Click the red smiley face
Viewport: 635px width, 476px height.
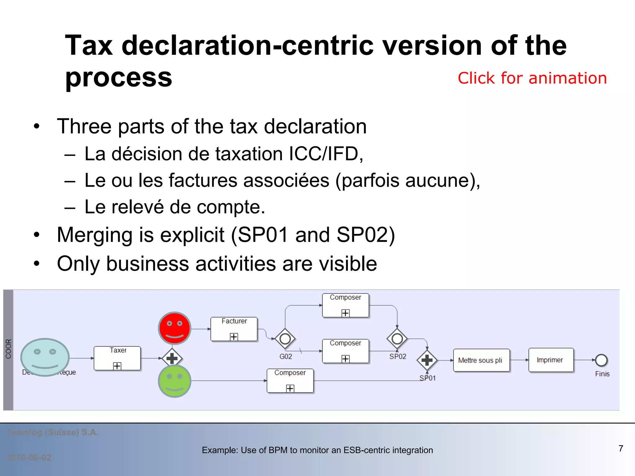pyautogui.click(x=175, y=328)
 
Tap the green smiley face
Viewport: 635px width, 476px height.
pyautogui.click(x=175, y=381)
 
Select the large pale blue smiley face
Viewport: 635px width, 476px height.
pyautogui.click(x=45, y=357)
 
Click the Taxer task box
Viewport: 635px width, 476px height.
pyautogui.click(x=117, y=358)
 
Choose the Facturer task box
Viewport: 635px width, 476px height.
pyautogui.click(x=234, y=329)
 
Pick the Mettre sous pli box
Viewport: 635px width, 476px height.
pyautogui.click(x=481, y=360)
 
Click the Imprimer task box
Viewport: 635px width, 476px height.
pyautogui.click(x=551, y=360)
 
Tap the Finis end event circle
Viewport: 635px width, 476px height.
pyautogui.click(x=601, y=360)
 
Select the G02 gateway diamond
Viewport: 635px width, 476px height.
pyautogui.click(x=285, y=339)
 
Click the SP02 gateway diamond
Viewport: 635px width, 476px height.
pyautogui.click(x=397, y=339)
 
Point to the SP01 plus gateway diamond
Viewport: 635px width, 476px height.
pyautogui.click(x=427, y=360)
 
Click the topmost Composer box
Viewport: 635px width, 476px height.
pyautogui.click(x=345, y=305)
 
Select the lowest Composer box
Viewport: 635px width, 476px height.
pyautogui.click(x=290, y=381)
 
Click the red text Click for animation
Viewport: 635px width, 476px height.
pyautogui.click(x=532, y=78)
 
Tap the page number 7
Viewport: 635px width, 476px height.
pyautogui.click(x=621, y=448)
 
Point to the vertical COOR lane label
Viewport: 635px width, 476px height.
pyautogui.click(x=8, y=349)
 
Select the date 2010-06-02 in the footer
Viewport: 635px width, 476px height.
pyautogui.click(x=29, y=457)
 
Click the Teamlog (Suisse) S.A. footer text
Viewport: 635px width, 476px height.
pyautogui.click(x=52, y=432)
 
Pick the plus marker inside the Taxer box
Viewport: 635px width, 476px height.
pyautogui.click(x=117, y=366)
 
